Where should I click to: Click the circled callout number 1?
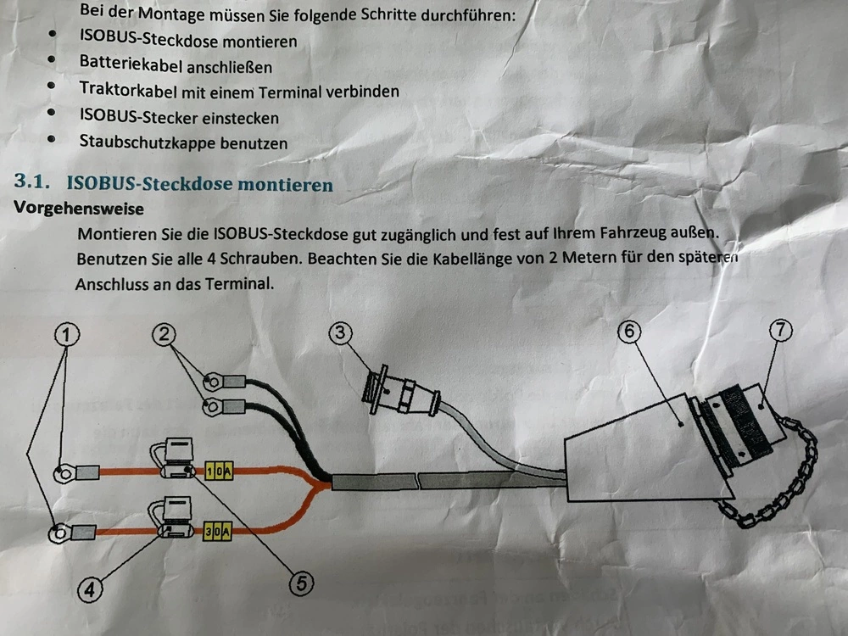coord(66,334)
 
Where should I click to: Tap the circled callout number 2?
coord(164,333)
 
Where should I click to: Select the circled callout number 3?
coord(340,332)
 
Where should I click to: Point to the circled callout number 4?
coord(90,589)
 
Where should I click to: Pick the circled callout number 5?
coord(301,583)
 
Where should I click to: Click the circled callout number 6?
coord(629,331)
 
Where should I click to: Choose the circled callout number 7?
coord(780,329)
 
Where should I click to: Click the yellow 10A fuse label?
coord(219,471)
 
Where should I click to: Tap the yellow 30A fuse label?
coord(217,531)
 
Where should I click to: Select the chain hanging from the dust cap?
coord(778,476)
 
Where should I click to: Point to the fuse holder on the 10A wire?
coord(174,459)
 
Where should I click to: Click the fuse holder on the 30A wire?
coord(172,517)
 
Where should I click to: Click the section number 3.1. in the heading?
coord(32,181)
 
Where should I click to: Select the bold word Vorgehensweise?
coord(79,209)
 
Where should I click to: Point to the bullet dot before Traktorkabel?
coord(52,86)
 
